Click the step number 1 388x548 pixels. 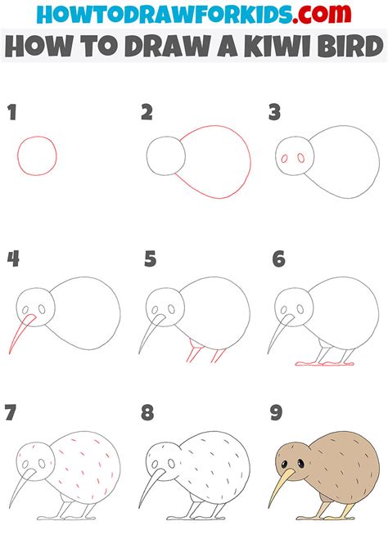(12, 112)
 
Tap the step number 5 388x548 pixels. (150, 260)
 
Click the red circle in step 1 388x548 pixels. (38, 156)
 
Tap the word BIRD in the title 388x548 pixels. (340, 47)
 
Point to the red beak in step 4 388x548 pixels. (20, 335)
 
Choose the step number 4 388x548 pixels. (13, 260)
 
